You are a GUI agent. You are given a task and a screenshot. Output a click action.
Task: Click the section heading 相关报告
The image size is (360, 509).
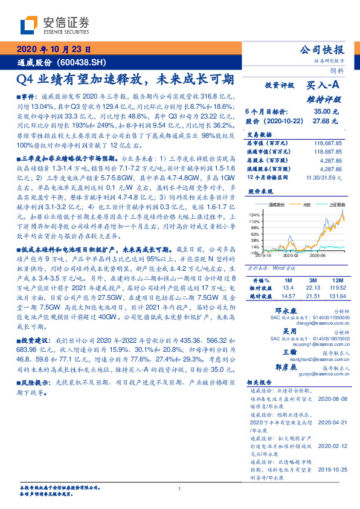(258, 383)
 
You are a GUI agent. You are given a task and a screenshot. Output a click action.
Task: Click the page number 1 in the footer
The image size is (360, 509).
(180, 489)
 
